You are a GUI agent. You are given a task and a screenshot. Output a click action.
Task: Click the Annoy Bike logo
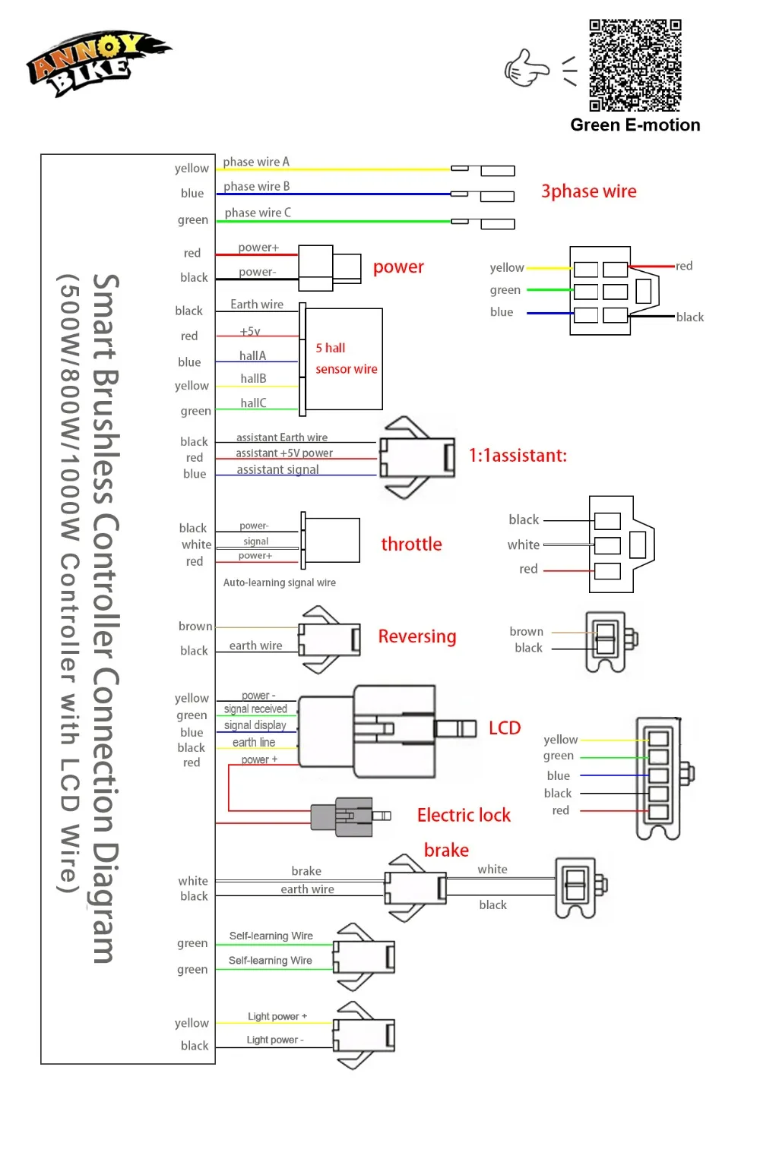(x=98, y=62)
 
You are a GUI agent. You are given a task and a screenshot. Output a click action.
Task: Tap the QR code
(x=635, y=65)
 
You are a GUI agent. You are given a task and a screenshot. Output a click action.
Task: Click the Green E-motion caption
(x=635, y=125)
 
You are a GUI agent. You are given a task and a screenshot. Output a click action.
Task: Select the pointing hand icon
(x=526, y=68)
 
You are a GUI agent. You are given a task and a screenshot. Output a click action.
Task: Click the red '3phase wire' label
(x=589, y=191)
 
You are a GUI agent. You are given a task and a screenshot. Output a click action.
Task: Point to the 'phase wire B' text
(x=256, y=186)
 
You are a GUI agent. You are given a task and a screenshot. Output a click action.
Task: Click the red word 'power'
(x=398, y=267)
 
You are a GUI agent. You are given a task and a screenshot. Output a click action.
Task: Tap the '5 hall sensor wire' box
(x=344, y=358)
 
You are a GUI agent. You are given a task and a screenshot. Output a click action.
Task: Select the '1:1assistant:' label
(x=518, y=455)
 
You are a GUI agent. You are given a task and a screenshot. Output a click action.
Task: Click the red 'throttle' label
(x=411, y=544)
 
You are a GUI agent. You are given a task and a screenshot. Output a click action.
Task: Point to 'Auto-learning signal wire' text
(x=279, y=582)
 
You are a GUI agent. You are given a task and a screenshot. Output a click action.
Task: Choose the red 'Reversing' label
(x=417, y=636)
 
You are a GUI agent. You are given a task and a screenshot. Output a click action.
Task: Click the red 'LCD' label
(x=505, y=728)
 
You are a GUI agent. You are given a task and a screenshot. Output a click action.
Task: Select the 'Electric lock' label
(x=464, y=815)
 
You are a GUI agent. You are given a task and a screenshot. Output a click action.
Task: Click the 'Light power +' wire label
(x=277, y=1016)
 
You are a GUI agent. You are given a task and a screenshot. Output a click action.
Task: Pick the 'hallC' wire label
(x=253, y=402)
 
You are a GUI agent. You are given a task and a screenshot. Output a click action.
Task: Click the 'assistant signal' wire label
(x=277, y=469)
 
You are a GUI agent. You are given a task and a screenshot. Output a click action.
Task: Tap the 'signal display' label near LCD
(x=255, y=724)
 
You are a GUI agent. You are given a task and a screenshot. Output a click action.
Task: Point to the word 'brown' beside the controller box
(x=195, y=626)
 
